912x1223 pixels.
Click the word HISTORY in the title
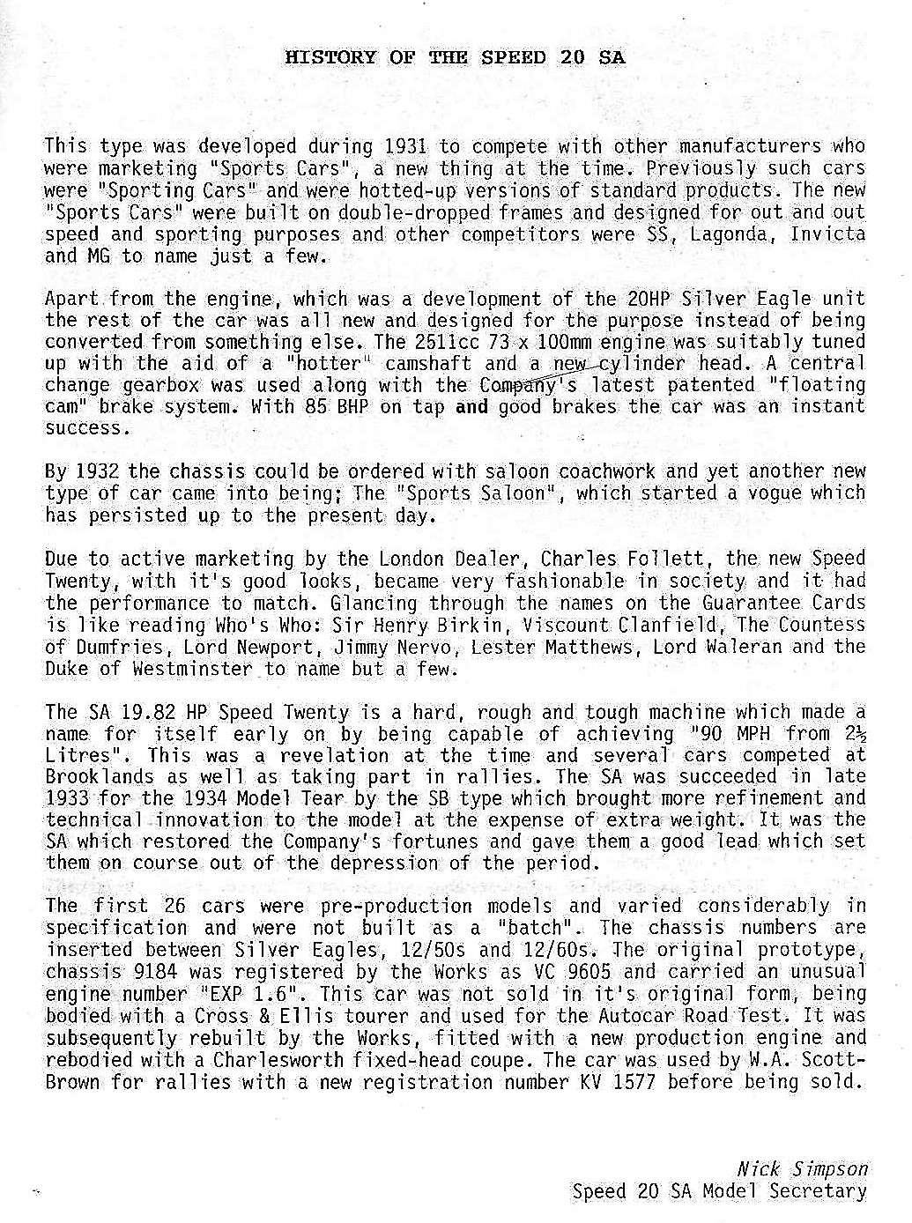pos(331,58)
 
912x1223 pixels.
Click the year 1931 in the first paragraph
pos(406,146)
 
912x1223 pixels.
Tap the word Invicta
pos(827,234)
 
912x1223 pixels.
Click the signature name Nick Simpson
pos(802,1169)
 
